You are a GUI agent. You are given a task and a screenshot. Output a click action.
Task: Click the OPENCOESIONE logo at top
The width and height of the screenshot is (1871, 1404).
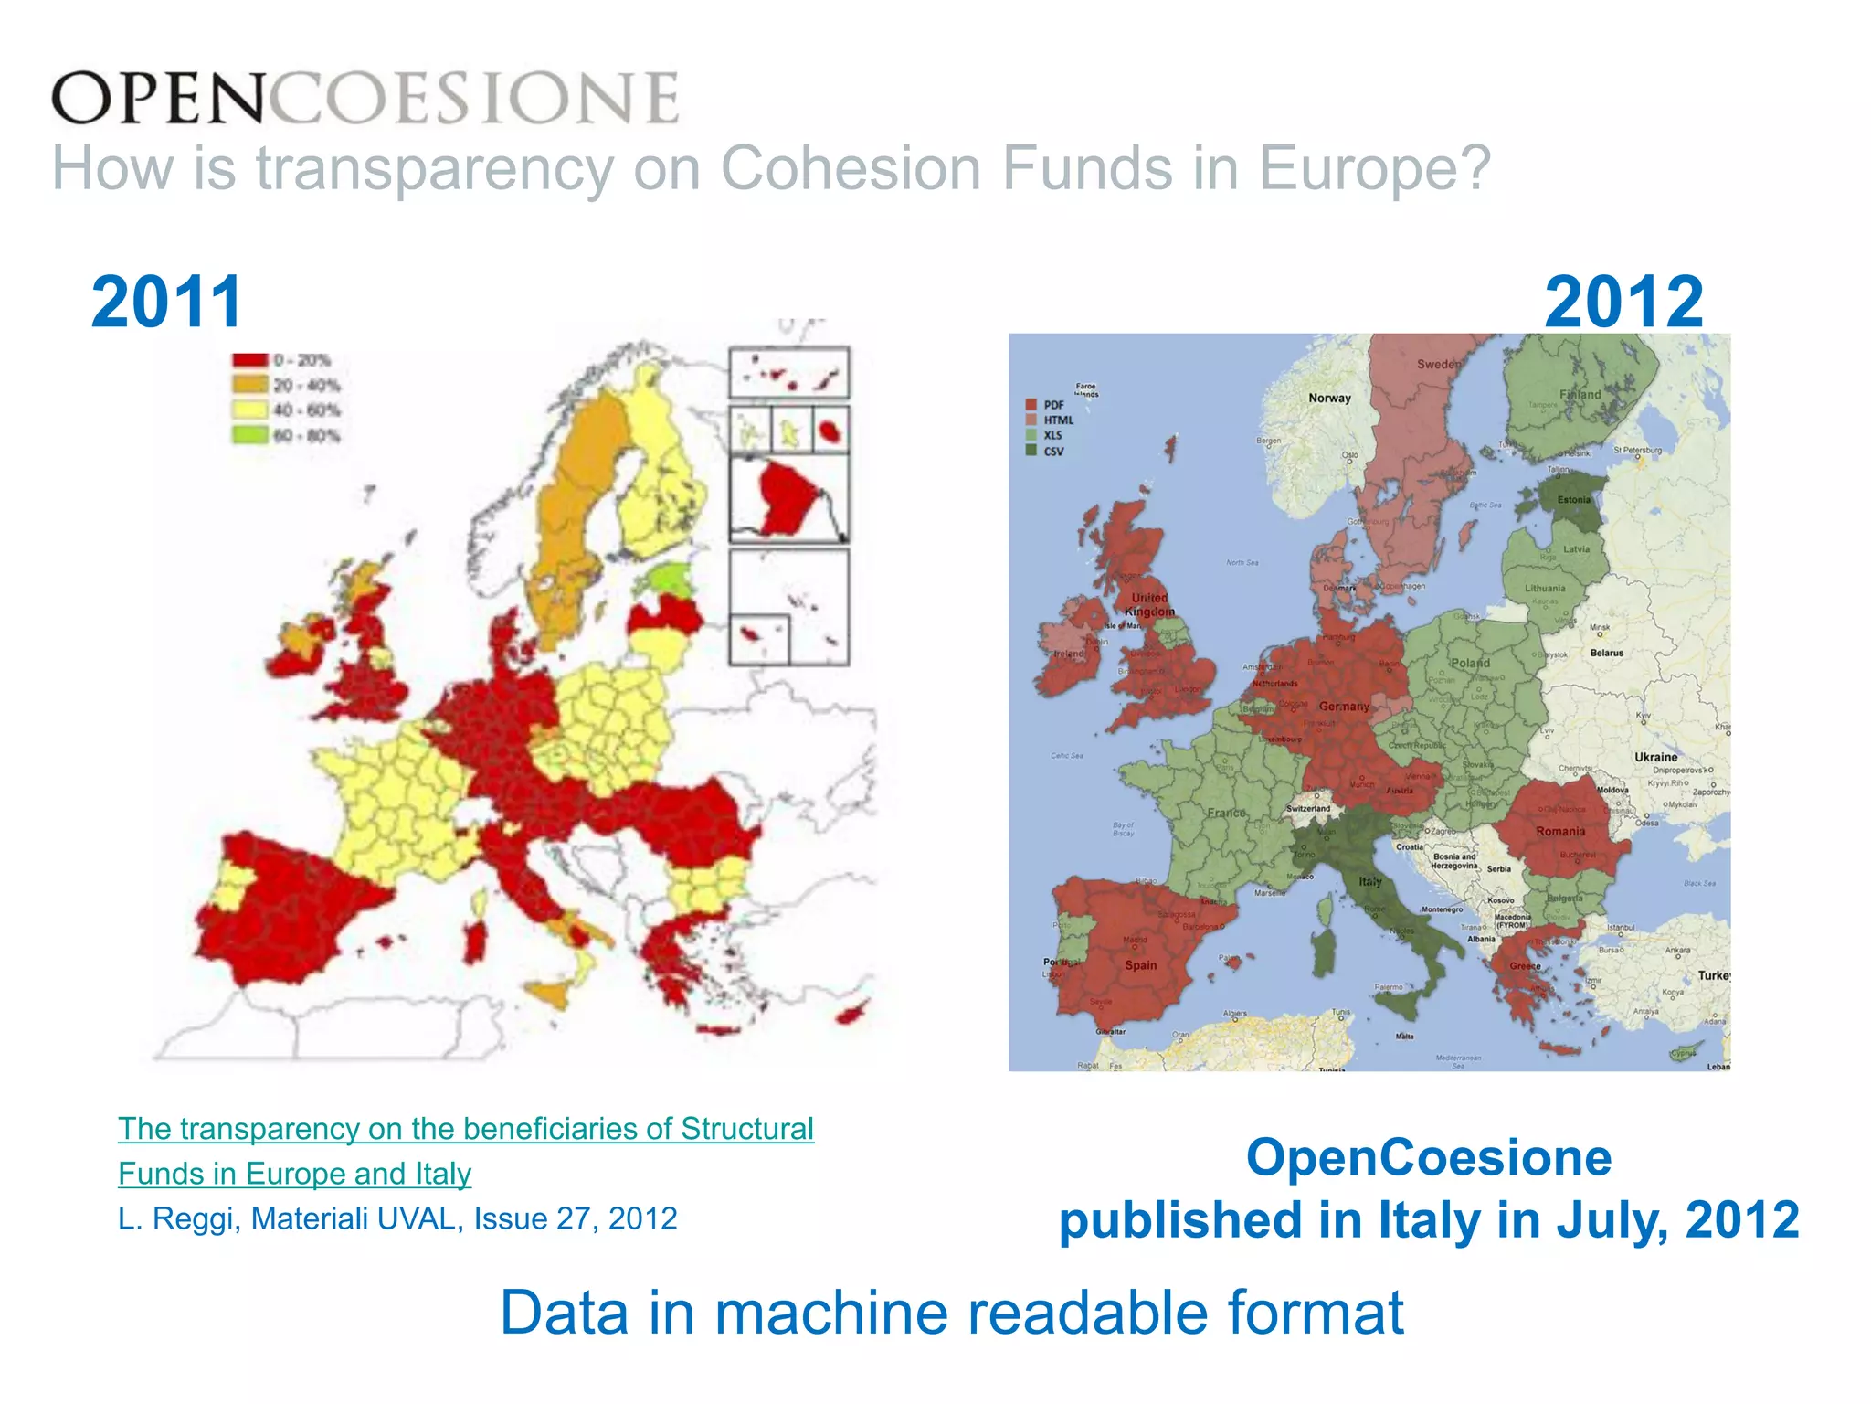[x=365, y=98]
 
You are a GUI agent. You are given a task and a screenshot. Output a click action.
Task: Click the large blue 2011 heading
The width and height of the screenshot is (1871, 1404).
[x=166, y=302]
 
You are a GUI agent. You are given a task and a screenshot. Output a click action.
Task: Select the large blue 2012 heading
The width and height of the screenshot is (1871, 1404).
[x=1623, y=302]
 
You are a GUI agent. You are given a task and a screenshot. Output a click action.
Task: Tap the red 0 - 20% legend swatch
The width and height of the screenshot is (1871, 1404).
[x=249, y=360]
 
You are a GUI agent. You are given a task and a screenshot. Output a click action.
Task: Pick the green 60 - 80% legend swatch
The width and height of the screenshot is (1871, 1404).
[x=249, y=435]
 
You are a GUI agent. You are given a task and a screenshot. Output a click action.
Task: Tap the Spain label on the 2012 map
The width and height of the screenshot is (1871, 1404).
[x=1140, y=965]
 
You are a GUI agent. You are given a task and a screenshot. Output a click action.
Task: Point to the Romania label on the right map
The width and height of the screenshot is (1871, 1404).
[x=1560, y=832]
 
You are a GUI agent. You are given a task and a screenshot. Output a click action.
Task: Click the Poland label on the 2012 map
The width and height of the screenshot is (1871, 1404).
[x=1470, y=663]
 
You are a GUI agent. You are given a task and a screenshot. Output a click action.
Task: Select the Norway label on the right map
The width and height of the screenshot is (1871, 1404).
[x=1329, y=398]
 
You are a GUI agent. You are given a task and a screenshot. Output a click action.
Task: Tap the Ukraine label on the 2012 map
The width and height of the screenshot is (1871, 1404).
[x=1655, y=757]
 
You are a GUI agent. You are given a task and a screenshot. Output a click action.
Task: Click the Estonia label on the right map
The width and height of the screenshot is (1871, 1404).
[x=1573, y=500]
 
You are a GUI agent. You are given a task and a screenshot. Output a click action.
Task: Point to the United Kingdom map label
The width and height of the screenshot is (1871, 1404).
[x=1149, y=604]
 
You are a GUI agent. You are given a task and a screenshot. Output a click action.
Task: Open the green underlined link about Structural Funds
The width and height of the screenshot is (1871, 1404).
[x=465, y=1130]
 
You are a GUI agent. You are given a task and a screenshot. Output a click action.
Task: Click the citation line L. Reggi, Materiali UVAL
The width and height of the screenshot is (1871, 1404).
[x=397, y=1218]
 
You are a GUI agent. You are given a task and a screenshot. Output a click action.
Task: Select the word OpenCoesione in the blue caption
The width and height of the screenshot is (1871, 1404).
[x=1429, y=1157]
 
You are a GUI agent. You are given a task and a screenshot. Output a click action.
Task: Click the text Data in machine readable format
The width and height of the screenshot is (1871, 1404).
[x=951, y=1313]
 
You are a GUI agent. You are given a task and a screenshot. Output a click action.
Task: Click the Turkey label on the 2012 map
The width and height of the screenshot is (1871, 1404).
[x=1713, y=975]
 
